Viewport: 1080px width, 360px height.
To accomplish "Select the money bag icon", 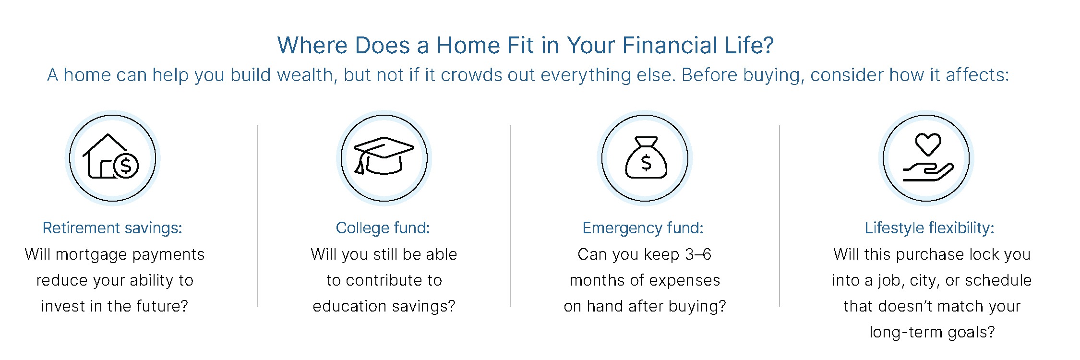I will [x=646, y=158].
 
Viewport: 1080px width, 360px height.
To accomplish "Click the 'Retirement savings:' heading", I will [x=112, y=228].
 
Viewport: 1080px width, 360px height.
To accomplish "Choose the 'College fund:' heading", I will [x=383, y=228].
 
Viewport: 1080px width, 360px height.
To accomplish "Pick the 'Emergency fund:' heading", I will [x=643, y=228].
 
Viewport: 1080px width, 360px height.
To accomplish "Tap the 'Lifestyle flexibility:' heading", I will [x=929, y=228].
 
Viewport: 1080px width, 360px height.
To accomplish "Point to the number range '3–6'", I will [x=698, y=254].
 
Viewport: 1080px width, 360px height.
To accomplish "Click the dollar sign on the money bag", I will [x=646, y=163].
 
